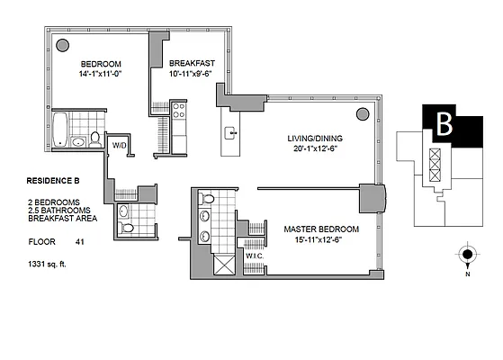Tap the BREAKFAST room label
(x=190, y=63)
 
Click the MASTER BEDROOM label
(x=321, y=229)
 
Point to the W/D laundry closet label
(x=120, y=144)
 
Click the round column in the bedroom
(x=63, y=44)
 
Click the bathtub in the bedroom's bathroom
(x=61, y=129)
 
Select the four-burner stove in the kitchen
(x=178, y=112)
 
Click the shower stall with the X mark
(x=220, y=264)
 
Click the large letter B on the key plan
(x=443, y=125)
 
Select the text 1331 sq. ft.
(x=52, y=264)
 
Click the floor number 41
(x=80, y=241)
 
